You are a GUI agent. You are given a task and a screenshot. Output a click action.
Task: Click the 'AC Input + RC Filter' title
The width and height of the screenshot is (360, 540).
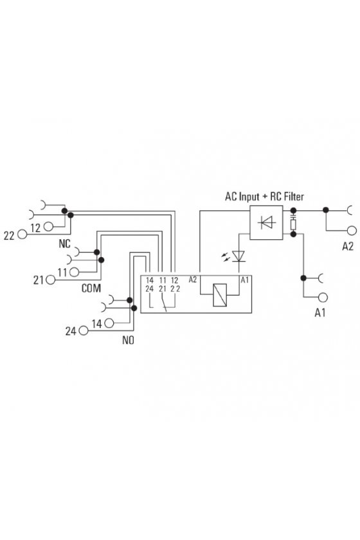click(x=264, y=197)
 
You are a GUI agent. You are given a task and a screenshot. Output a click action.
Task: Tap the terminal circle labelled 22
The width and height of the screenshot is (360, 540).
click(x=22, y=234)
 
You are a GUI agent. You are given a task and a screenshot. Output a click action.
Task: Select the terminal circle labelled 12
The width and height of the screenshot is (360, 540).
click(x=49, y=226)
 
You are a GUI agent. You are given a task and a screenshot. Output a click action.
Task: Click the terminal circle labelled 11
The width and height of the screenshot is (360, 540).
click(x=75, y=273)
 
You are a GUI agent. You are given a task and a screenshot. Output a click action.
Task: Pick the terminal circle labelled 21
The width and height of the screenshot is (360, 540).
click(x=51, y=280)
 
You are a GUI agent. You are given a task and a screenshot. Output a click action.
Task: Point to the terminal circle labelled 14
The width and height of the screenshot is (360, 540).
click(x=109, y=323)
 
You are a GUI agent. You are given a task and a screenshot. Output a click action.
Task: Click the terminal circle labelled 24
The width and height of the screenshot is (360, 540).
click(x=84, y=330)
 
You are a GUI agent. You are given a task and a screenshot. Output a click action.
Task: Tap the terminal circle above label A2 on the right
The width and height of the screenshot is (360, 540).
click(x=352, y=230)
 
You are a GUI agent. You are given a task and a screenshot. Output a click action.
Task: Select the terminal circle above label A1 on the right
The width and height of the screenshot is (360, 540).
click(x=323, y=297)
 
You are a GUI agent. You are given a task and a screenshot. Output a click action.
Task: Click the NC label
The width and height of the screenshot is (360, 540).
click(x=64, y=244)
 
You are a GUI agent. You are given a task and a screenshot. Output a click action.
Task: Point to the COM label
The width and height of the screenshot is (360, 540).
click(x=91, y=288)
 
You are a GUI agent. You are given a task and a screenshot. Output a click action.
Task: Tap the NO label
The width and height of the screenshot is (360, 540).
click(x=128, y=340)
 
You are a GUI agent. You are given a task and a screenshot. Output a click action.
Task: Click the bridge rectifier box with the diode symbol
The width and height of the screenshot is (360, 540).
click(x=266, y=222)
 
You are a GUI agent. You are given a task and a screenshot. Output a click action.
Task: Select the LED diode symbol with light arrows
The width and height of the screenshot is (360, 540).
click(x=234, y=256)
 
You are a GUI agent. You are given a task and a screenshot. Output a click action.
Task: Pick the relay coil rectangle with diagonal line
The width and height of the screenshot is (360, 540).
click(x=220, y=295)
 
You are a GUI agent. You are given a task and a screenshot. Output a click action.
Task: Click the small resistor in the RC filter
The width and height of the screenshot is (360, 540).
click(x=294, y=225)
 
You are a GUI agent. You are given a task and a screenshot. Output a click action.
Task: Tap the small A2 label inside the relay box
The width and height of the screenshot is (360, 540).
click(x=193, y=280)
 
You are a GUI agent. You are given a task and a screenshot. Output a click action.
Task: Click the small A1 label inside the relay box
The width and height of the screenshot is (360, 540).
click(x=244, y=280)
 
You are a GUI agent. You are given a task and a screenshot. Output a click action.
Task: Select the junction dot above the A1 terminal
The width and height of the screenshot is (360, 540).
click(x=303, y=278)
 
